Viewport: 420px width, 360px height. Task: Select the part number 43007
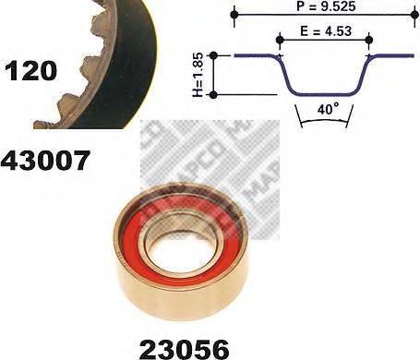pyautogui.click(x=45, y=162)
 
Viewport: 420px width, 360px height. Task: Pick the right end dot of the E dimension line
pyautogui.click(x=368, y=39)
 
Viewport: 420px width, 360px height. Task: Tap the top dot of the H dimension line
pyautogui.click(x=215, y=56)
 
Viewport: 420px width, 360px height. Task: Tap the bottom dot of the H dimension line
pyautogui.click(x=215, y=93)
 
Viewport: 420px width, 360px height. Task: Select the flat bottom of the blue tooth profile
pyautogui.click(x=324, y=92)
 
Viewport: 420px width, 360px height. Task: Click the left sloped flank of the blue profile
pyautogui.click(x=288, y=74)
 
